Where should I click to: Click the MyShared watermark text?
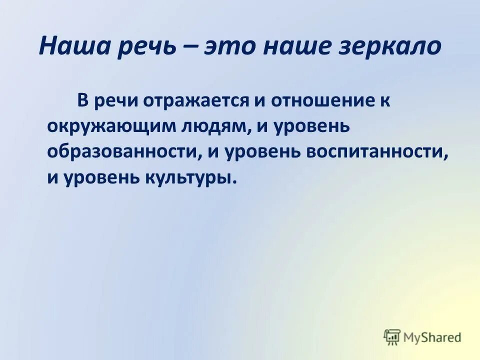[x=433, y=337]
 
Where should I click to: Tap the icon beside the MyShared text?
[x=392, y=337]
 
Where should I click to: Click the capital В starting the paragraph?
[x=82, y=100]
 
